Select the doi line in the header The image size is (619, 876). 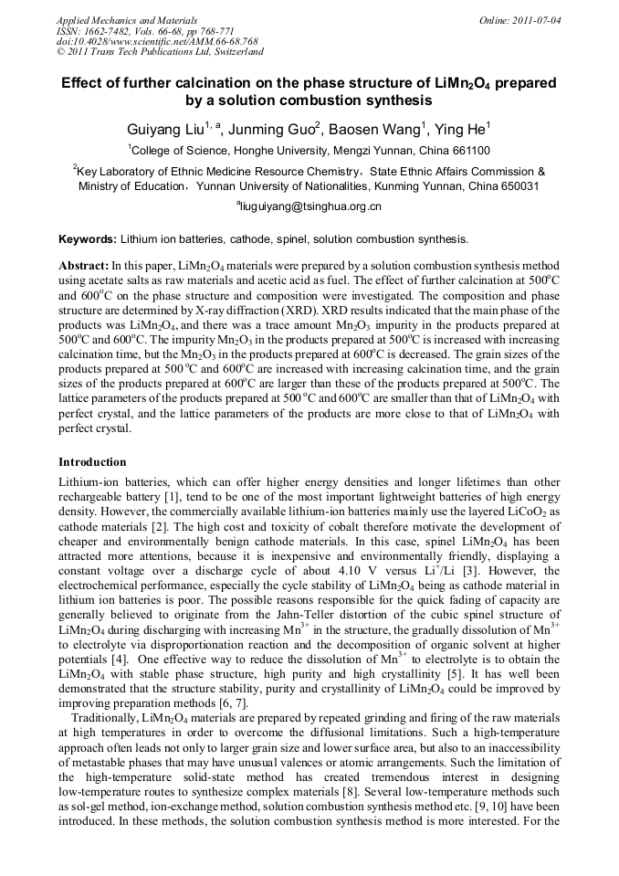coord(156,41)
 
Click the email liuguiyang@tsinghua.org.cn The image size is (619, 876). coord(310,206)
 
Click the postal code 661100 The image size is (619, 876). coord(467,151)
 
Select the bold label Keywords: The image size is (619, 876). coord(88,239)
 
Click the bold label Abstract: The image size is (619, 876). coord(84,264)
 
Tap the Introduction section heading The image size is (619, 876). coord(92,461)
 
